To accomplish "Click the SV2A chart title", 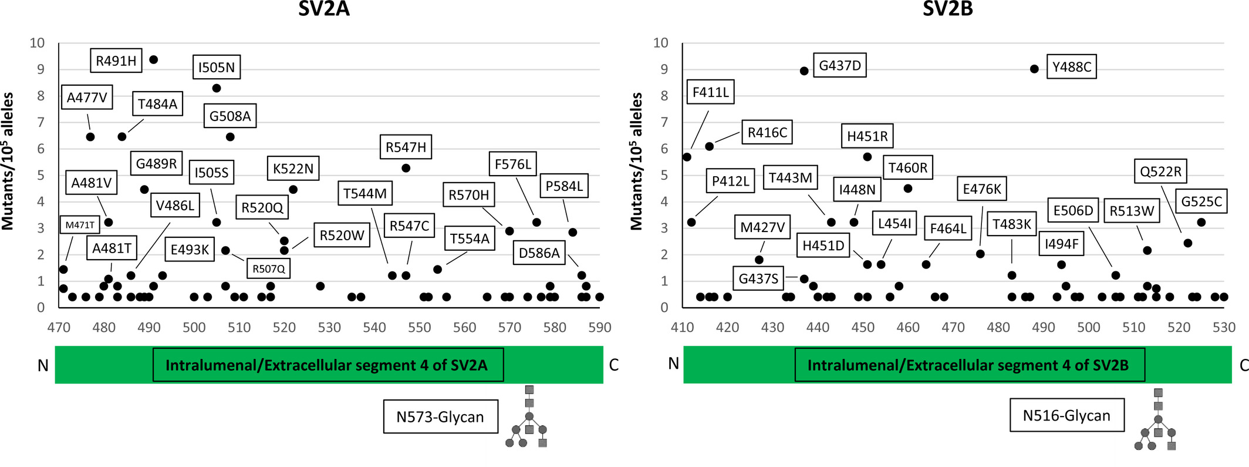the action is [324, 9].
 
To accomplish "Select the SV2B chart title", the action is [948, 9].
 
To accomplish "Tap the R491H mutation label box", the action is [116, 61].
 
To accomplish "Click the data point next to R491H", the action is [154, 59].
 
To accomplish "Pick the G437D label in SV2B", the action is [840, 65].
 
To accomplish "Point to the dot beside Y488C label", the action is [1035, 69].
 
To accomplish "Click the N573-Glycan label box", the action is [441, 416].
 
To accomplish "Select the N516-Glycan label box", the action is [1067, 415].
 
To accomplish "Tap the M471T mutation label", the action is [80, 224].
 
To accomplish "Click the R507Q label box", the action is [269, 268].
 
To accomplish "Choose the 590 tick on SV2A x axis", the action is [600, 327].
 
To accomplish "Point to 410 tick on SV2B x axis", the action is [683, 327].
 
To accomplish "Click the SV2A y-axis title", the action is [8, 160].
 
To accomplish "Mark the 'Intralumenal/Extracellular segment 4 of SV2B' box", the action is [968, 365].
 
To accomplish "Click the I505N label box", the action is [217, 68].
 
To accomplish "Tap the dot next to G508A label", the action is [230, 137].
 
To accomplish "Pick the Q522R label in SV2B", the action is [1161, 172].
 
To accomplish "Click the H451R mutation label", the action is [867, 136].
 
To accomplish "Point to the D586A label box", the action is [539, 253].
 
